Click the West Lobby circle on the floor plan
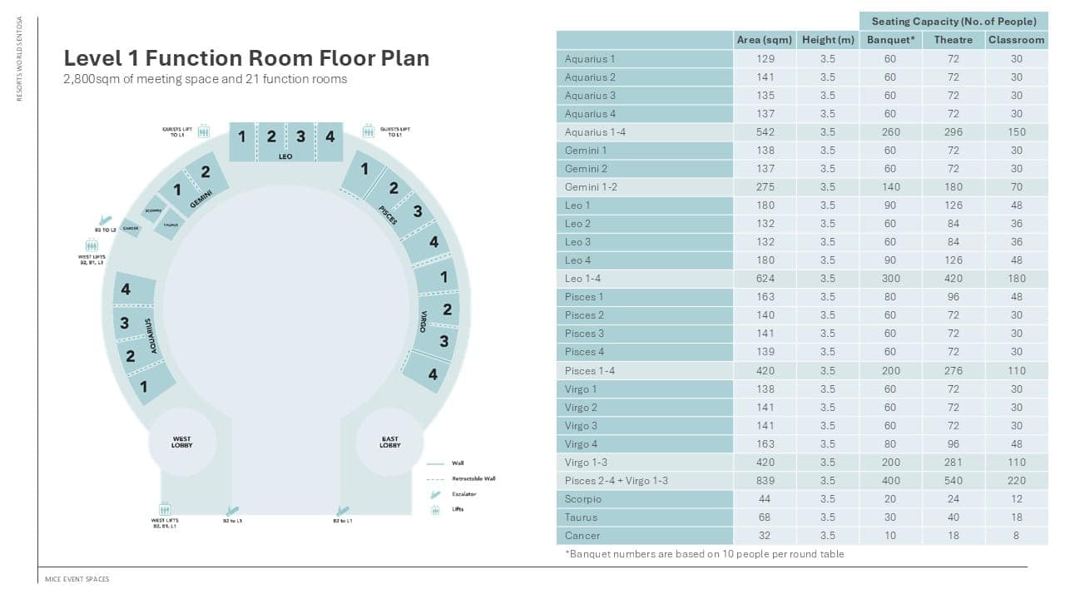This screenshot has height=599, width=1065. click(181, 442)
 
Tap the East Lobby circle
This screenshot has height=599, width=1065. click(389, 442)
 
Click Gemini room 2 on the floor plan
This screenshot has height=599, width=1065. click(206, 173)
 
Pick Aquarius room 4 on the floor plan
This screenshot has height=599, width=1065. click(126, 290)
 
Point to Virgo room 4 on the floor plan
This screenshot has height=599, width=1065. click(433, 374)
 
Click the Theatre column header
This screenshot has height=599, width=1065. click(953, 40)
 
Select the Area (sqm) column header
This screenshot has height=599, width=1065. click(764, 40)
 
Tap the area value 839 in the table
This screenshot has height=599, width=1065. click(765, 481)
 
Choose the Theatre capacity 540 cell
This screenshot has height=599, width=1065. click(953, 481)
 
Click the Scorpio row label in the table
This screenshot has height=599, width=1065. click(582, 499)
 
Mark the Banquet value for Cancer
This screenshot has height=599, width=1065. click(890, 536)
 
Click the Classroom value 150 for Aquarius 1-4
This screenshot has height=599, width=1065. click(1016, 132)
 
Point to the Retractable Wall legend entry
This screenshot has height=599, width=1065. click(473, 478)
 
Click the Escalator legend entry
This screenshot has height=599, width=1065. click(464, 494)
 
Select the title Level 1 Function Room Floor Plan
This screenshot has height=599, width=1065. click(246, 58)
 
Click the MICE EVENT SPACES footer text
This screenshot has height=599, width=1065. click(77, 579)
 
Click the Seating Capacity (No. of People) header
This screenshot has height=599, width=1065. click(953, 21)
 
